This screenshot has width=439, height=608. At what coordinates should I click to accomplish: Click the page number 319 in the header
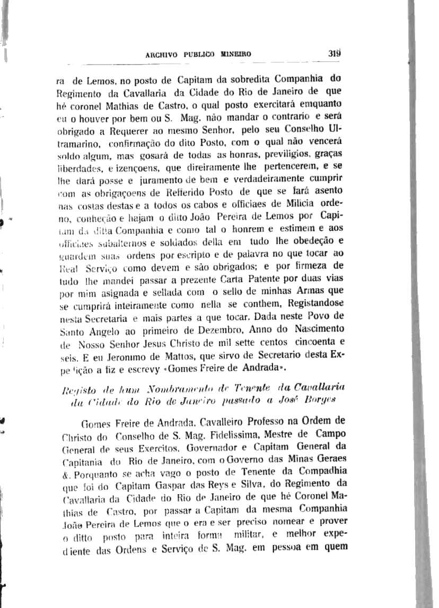tap(333, 53)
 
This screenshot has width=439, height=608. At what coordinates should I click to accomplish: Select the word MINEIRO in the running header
tap(235, 54)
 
